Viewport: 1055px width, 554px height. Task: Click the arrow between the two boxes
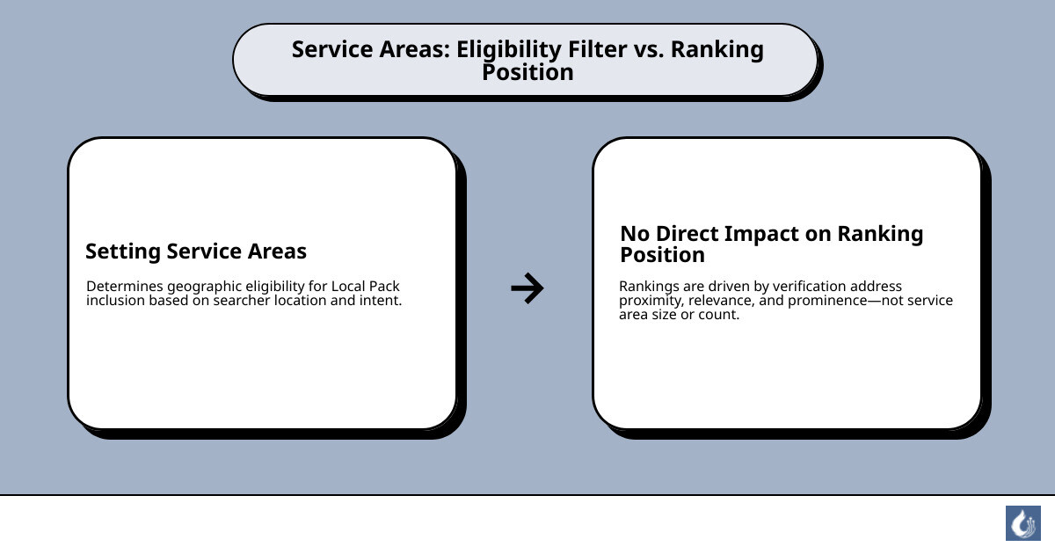(527, 288)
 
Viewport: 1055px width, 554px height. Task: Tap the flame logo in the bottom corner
(1022, 523)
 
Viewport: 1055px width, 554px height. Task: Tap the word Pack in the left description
(384, 287)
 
